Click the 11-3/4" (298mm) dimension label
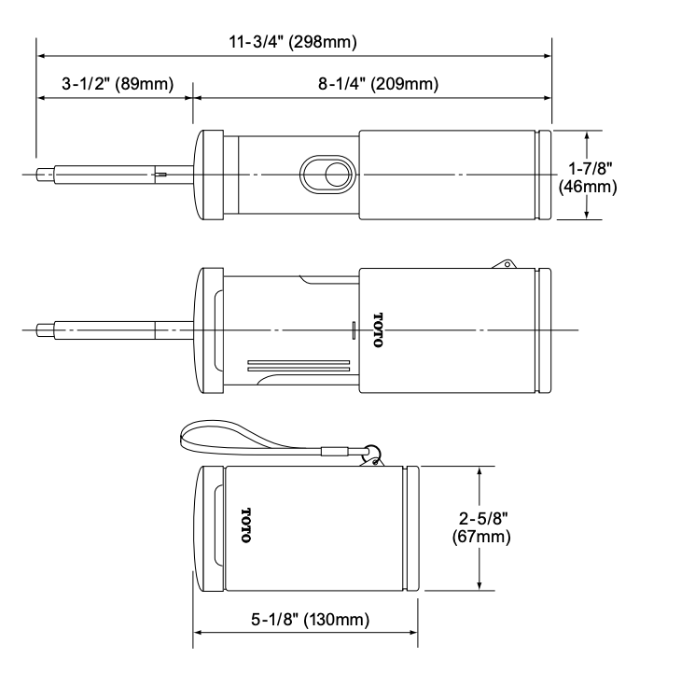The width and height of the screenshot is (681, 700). (x=293, y=42)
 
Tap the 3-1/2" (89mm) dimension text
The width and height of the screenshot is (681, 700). (x=118, y=83)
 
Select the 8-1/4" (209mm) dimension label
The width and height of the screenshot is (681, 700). (x=378, y=83)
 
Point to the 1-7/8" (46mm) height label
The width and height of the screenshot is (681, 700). (x=588, y=177)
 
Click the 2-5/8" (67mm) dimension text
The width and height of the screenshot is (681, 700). (x=481, y=527)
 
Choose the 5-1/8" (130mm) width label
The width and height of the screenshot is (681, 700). (x=310, y=619)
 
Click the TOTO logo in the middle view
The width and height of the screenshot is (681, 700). (x=378, y=329)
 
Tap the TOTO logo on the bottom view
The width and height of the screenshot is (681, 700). (x=246, y=525)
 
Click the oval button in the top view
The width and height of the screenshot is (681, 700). (x=327, y=175)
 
